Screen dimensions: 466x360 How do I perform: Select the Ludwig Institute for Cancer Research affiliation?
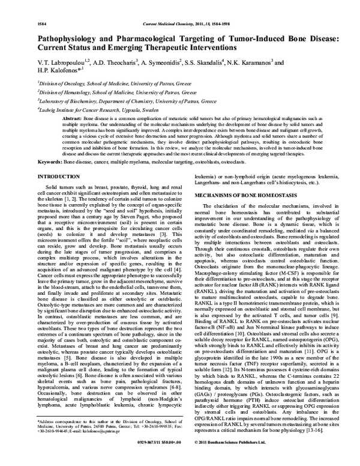pyautogui.click(x=98, y=110)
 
